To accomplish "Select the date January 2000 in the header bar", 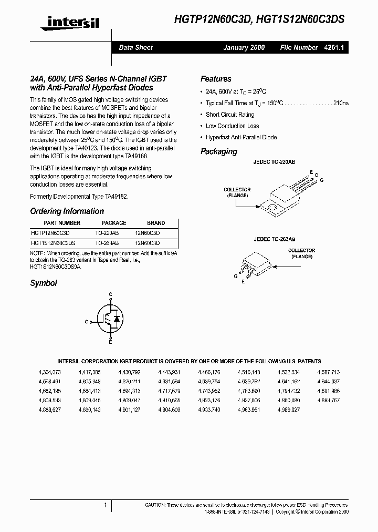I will point(244,47).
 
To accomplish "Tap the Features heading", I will point(216,79).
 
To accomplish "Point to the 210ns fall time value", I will point(340,103).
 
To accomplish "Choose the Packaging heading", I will point(219,151).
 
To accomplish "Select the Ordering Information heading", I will point(67,211).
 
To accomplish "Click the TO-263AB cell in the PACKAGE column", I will point(107,243).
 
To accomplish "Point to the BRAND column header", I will point(156,223).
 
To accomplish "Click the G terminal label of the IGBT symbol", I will point(86,320).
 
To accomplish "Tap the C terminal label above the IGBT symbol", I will point(110,294).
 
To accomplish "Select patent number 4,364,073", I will point(49,372).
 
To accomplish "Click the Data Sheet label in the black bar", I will point(135,47).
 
